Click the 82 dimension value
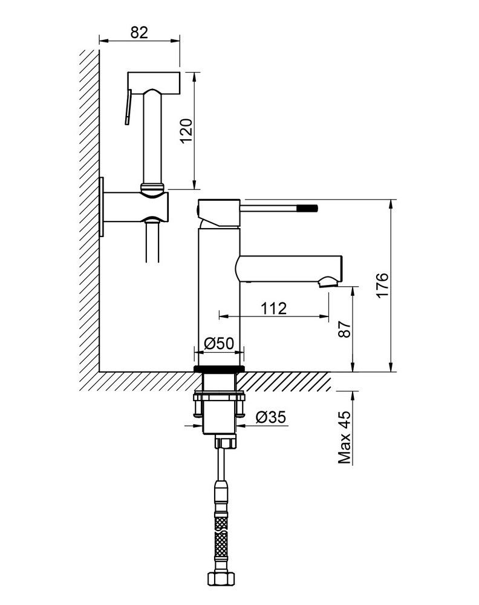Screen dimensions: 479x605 139,33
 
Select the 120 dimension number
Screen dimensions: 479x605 187,131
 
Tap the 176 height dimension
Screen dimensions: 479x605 383,285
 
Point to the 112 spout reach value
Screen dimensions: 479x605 273,309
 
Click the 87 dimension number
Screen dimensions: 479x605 345,329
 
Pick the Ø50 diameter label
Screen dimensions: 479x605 219,343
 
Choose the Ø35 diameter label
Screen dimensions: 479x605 271,417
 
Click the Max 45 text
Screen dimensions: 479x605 345,437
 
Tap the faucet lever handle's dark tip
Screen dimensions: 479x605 313,208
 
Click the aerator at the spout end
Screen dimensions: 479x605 327,282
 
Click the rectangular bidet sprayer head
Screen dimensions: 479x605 154,82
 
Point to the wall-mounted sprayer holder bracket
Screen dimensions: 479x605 135,207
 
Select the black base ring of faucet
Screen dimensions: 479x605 219,369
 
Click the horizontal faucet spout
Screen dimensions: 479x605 288,269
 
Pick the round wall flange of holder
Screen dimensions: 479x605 102,207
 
